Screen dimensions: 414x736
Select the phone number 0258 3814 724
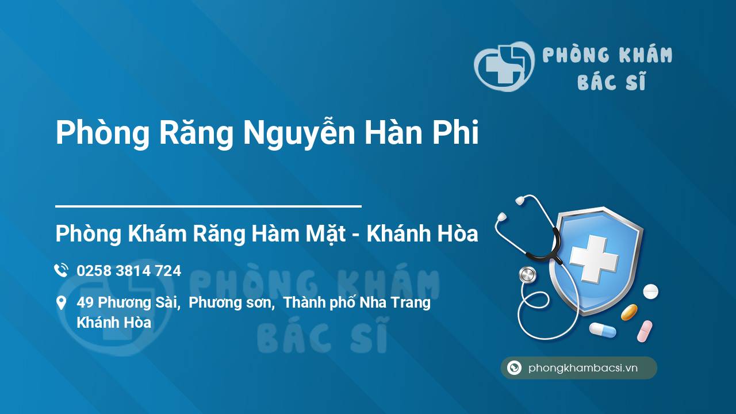[129, 271]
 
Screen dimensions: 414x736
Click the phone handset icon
[61, 270]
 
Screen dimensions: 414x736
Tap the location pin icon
[61, 303]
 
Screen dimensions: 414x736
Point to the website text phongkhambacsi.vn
[583, 369]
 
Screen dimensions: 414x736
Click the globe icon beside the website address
[515, 368]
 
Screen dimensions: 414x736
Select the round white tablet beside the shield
[650, 292]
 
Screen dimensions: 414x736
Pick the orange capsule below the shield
[629, 312]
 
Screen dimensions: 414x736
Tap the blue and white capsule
[602, 330]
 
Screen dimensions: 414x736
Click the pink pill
[645, 331]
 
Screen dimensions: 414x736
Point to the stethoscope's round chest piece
[527, 275]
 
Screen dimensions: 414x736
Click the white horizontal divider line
[208, 206]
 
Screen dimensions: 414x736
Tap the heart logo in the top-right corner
[503, 67]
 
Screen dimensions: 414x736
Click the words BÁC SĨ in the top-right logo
[611, 82]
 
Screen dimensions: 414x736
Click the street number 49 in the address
[85, 302]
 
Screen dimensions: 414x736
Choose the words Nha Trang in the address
[395, 302]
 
